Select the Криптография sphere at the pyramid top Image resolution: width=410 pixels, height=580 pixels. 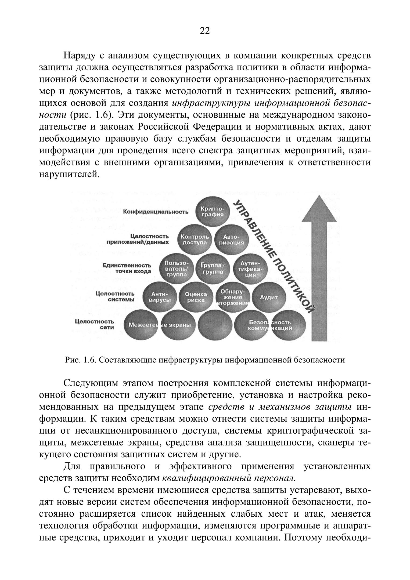coord(213,212)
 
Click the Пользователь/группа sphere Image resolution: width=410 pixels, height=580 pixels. coord(177,269)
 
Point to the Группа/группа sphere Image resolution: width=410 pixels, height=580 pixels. coord(213,269)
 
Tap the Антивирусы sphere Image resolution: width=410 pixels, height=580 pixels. coord(160,297)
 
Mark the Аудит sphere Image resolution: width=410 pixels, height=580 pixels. coord(269,297)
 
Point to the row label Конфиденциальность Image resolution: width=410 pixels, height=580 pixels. coord(156,212)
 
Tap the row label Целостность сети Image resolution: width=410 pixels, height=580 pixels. coord(94,324)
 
